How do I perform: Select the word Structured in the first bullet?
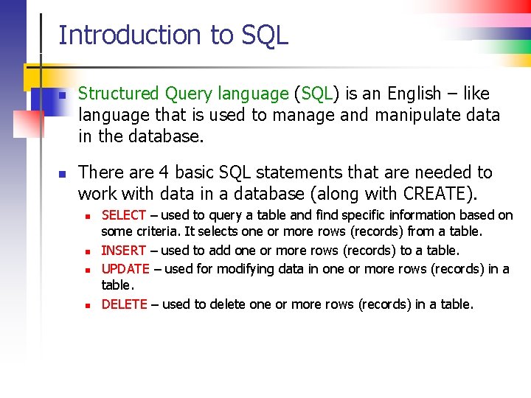[x=119, y=94]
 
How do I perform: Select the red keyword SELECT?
[x=123, y=215]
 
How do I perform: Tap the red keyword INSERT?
[x=123, y=251]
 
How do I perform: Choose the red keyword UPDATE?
[x=125, y=269]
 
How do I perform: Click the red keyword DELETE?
[x=124, y=304]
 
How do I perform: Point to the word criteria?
[x=158, y=233]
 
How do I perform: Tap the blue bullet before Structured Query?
[x=63, y=95]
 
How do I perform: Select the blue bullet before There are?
[x=63, y=174]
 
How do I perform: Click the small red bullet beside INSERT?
[x=87, y=252]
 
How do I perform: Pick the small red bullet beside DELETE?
[x=87, y=305]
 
